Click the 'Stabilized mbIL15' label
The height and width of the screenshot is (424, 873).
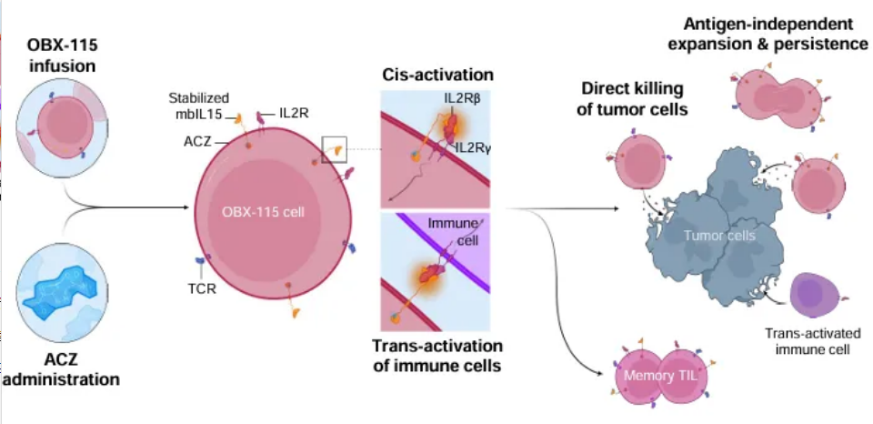pos(199,105)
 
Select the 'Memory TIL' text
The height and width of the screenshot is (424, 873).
pos(657,376)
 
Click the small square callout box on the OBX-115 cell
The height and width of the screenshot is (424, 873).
pos(335,148)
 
